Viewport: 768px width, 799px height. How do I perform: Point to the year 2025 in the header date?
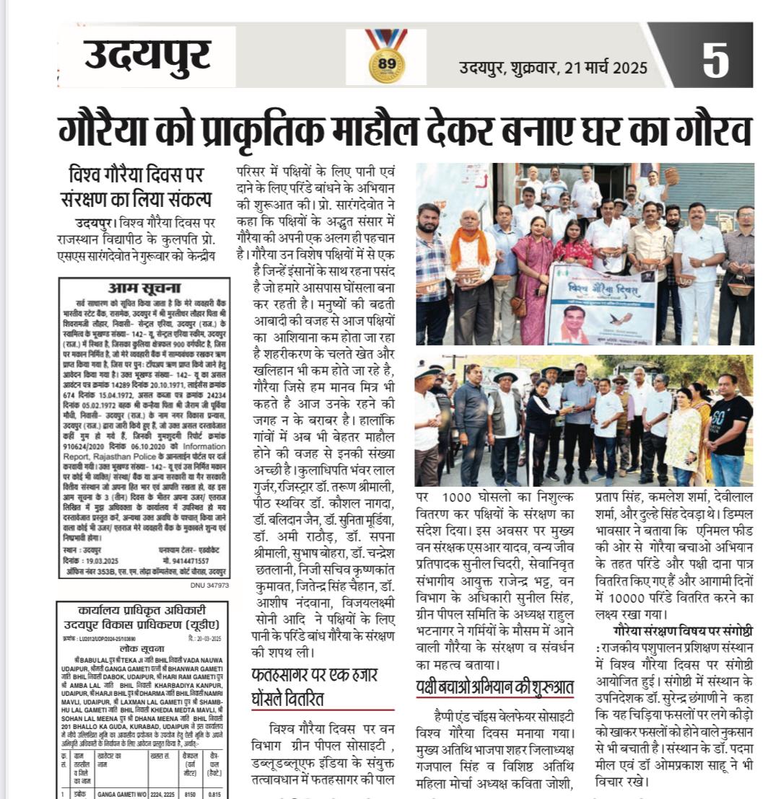pos(630,69)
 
